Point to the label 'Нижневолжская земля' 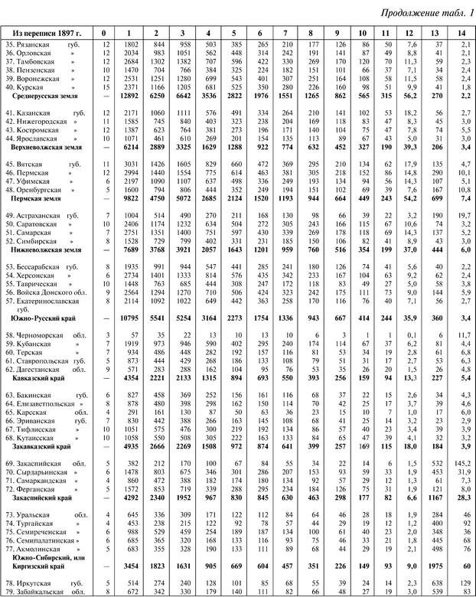tap(49, 249)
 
